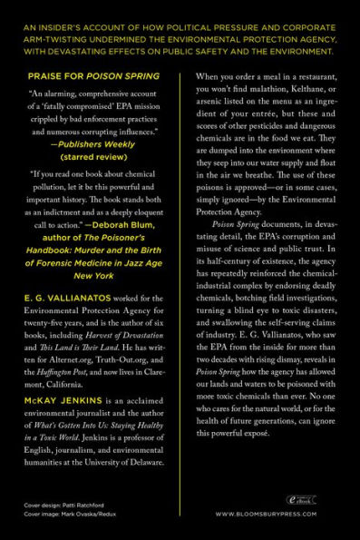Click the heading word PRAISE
click(x=44, y=78)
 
